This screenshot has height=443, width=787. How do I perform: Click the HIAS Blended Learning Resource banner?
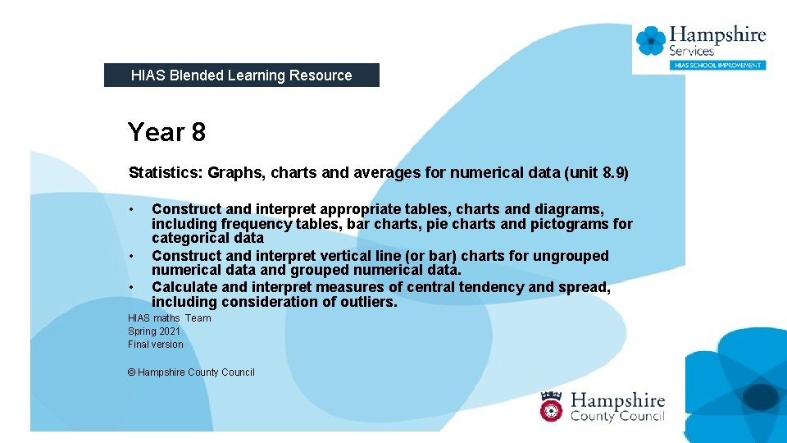pos(241,75)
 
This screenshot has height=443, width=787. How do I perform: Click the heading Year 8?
pos(166,132)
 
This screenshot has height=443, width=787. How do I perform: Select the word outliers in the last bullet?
pos(369,302)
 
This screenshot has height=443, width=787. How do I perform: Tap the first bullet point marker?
pos(131,208)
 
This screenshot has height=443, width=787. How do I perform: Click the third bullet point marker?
pos(131,287)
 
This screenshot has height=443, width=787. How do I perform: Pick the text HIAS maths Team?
pos(170,318)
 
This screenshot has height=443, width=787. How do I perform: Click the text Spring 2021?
pos(154,331)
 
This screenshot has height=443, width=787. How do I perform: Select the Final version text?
pos(156,345)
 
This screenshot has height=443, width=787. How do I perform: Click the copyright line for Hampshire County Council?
pos(191,372)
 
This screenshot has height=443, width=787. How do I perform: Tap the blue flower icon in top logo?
pos(651,41)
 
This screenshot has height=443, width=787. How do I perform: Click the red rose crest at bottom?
pos(551,405)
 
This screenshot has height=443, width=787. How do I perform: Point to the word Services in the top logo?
pos(692,51)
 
